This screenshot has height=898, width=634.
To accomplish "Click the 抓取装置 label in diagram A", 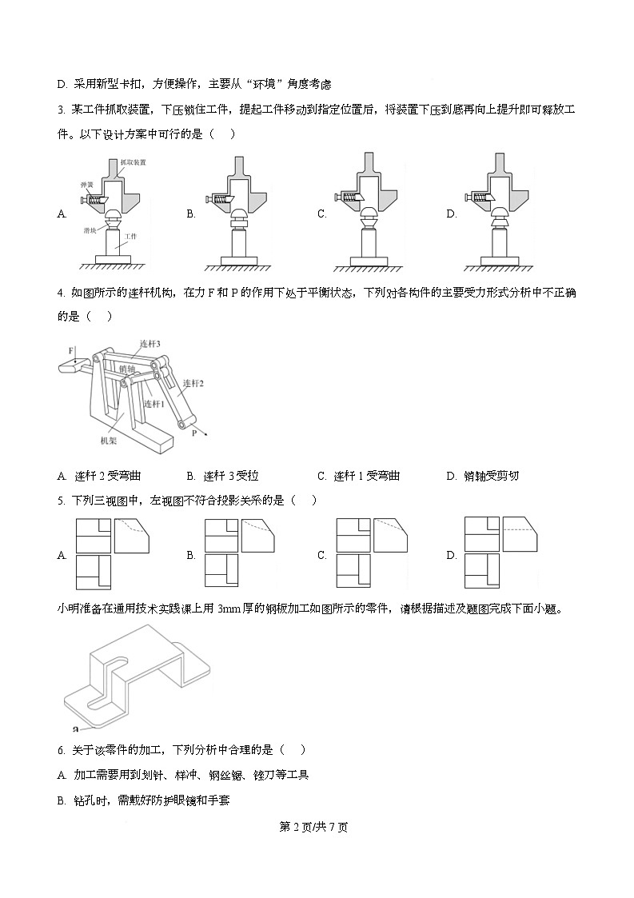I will coord(133,162).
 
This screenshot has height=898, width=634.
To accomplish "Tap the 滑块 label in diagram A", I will coord(91,229).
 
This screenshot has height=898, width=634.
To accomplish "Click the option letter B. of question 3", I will coord(191,214).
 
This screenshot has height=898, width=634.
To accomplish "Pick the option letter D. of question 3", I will coord(452,214).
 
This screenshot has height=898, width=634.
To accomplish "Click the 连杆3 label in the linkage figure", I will coord(150,343).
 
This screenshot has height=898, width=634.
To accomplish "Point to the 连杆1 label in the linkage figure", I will coord(154,404).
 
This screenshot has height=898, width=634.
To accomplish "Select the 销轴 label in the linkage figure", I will coord(126,369).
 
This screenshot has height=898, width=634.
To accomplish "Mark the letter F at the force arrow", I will coord(71,351).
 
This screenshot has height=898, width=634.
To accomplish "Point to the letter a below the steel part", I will coord(74,728).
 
